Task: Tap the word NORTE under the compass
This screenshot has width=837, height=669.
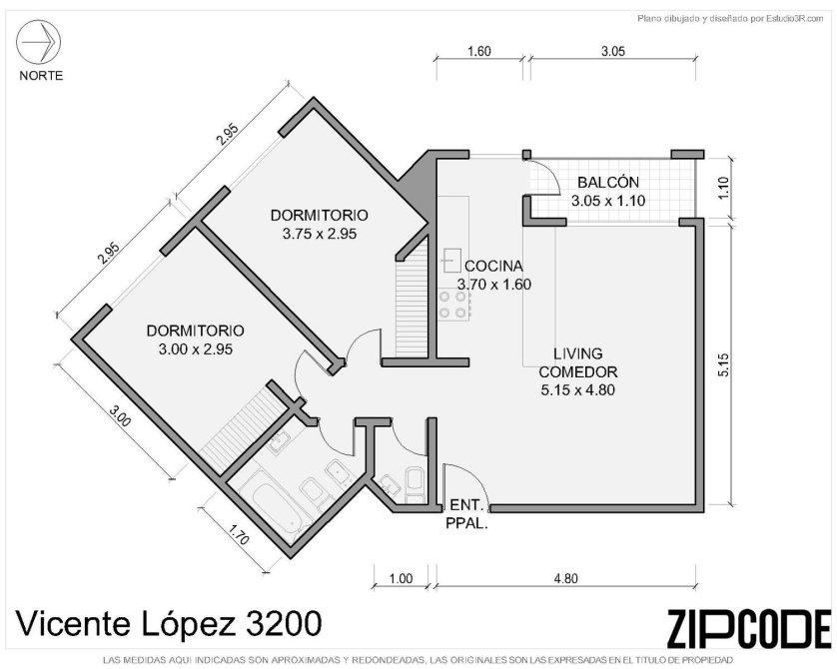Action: click(41, 76)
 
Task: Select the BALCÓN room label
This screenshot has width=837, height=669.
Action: click(608, 183)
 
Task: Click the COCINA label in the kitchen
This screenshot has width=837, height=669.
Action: click(493, 266)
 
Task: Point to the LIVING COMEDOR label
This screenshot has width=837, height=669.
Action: click(578, 362)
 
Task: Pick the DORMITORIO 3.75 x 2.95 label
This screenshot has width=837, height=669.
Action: click(320, 224)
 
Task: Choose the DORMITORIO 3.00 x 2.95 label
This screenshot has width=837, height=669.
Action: click(196, 339)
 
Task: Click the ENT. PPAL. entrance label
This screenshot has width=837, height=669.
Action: click(467, 514)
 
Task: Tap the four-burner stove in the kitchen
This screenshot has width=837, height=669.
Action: click(453, 306)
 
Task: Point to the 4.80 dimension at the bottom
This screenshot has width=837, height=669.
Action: click(565, 578)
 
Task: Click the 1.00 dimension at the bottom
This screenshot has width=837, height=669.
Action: click(401, 578)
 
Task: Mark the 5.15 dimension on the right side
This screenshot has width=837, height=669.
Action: click(723, 365)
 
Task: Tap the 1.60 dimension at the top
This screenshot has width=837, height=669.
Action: click(478, 52)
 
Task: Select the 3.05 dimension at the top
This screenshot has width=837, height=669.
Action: click(613, 52)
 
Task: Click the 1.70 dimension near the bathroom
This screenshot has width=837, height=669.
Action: click(239, 534)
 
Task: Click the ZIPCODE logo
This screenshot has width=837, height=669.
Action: click(749, 627)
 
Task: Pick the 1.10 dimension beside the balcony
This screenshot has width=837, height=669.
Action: click(723, 188)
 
